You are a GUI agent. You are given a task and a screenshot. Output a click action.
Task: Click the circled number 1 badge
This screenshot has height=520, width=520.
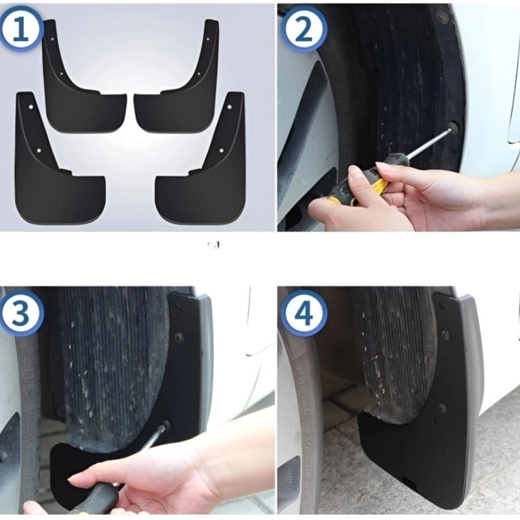(x=21, y=29)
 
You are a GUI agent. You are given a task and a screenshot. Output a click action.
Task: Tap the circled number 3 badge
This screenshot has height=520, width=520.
(x=21, y=315)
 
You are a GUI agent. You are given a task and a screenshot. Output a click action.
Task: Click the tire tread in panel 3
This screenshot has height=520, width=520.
(x=110, y=364)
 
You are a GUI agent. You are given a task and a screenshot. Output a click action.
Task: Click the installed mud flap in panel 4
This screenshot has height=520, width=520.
(x=429, y=442)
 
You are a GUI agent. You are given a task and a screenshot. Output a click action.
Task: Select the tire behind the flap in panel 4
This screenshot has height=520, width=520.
(x=390, y=351)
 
